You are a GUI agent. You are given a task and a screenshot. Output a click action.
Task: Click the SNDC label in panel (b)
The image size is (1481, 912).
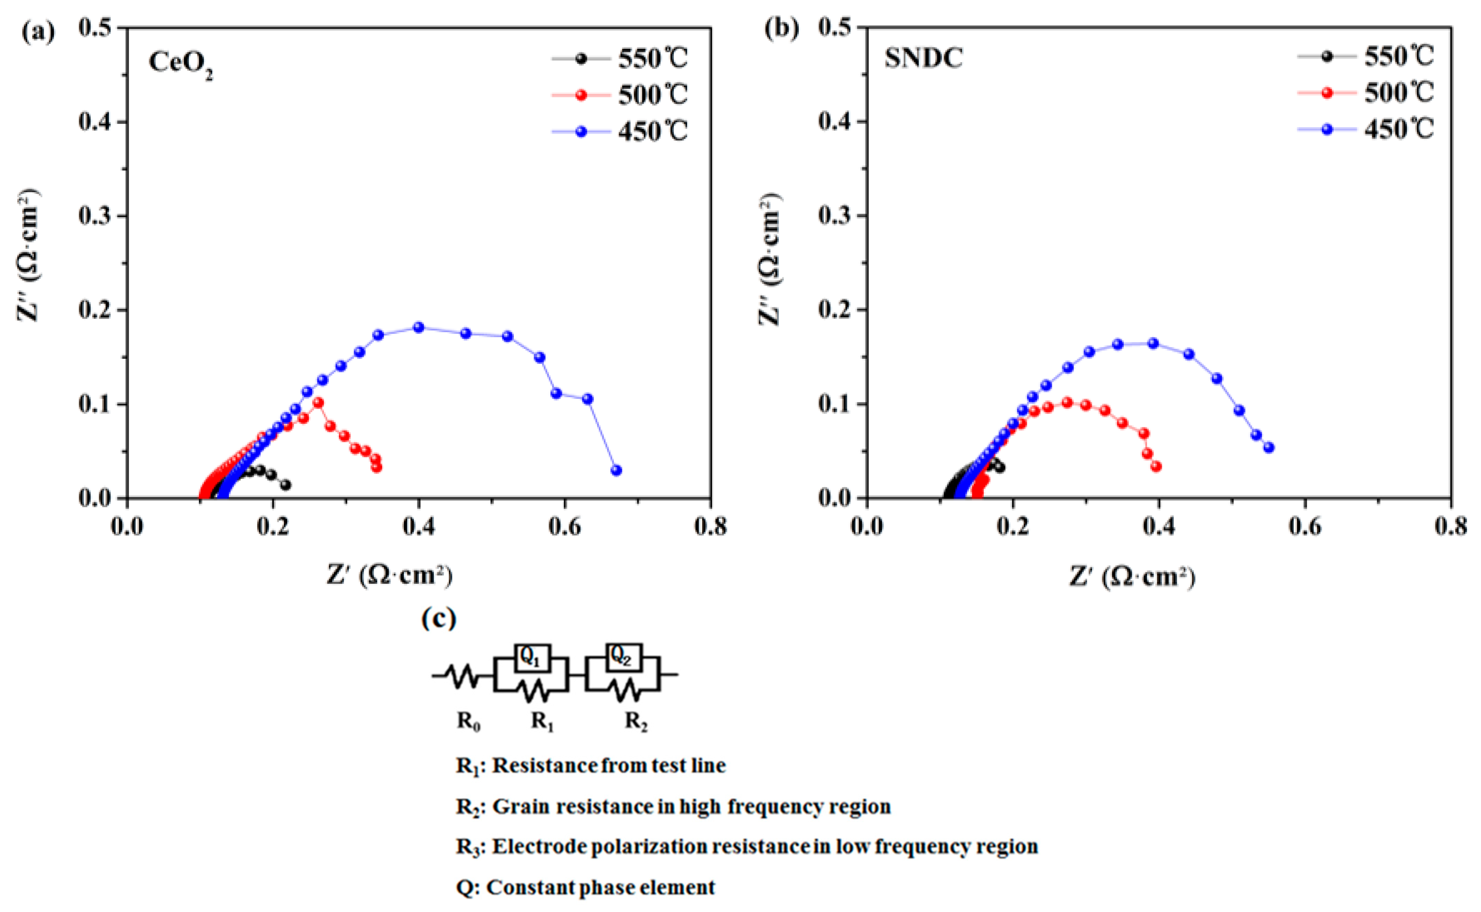pyautogui.click(x=923, y=58)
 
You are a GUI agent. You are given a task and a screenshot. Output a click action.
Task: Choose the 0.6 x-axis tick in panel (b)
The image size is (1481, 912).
pyautogui.click(x=1305, y=527)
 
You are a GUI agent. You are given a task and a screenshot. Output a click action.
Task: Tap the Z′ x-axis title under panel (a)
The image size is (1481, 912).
pyautogui.click(x=389, y=575)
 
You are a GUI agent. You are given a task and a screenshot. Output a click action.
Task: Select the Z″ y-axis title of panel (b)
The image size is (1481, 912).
pyautogui.click(x=769, y=259)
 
